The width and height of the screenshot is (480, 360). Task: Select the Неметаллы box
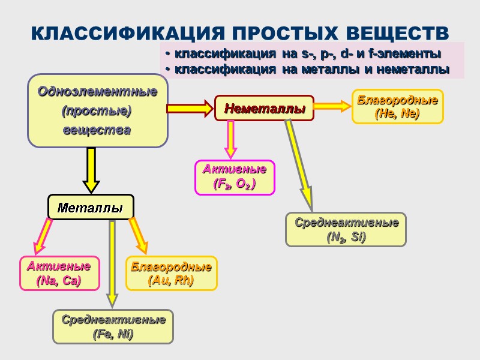click(x=265, y=109)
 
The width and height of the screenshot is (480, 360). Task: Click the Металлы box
click(x=91, y=207)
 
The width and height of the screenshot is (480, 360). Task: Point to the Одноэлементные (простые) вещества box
click(x=98, y=110)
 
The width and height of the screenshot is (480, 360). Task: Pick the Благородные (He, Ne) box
click(x=397, y=106)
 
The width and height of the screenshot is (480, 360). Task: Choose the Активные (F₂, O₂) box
click(x=235, y=178)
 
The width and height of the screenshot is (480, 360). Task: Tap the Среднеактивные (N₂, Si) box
click(x=346, y=229)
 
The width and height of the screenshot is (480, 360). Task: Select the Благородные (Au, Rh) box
click(x=171, y=273)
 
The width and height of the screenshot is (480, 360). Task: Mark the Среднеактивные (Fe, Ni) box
click(x=113, y=326)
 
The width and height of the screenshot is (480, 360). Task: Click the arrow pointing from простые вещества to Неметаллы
click(x=190, y=109)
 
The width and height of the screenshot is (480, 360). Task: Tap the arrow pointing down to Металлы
click(x=91, y=170)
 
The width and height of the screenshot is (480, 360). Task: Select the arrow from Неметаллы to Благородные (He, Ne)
click(x=332, y=106)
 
